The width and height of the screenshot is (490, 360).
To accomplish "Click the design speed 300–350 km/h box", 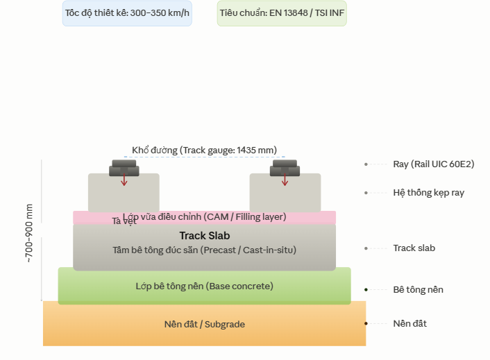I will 127,13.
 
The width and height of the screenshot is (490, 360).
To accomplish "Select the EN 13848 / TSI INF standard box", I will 282,13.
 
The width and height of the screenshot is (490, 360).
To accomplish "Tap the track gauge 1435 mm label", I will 204,150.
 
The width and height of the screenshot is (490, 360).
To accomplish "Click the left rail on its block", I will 124,168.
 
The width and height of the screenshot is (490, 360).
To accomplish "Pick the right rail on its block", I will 285,168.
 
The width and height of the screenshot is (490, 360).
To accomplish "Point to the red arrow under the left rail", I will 124,180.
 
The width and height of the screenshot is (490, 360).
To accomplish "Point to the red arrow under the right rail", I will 285,180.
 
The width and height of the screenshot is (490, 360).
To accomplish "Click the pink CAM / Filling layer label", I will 204,217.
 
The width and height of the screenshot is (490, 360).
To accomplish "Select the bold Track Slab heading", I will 204,236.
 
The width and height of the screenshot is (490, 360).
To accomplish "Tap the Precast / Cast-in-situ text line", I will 204,250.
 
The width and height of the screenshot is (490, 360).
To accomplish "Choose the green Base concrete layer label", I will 204,286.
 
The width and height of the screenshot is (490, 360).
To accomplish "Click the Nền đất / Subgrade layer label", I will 204,324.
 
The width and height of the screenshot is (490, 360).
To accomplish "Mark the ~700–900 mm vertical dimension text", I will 29,232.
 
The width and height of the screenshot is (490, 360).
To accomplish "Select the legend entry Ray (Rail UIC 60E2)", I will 433,164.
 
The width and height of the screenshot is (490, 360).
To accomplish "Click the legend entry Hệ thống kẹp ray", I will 428,193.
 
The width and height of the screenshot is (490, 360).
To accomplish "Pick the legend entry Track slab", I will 414,248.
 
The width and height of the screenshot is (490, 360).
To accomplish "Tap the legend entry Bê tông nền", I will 418,289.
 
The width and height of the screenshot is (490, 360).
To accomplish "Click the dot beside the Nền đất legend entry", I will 366,324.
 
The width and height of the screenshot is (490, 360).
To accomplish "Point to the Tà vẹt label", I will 124,221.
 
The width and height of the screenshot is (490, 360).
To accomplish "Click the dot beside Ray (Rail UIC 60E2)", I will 366,164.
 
